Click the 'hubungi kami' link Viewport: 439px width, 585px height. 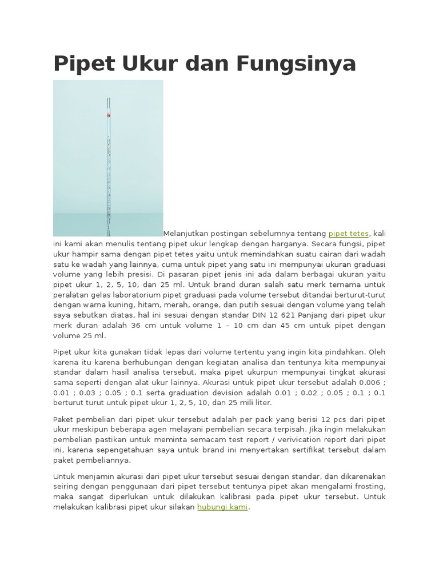[x=222, y=507]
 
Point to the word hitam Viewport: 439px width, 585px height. [x=146, y=305]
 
